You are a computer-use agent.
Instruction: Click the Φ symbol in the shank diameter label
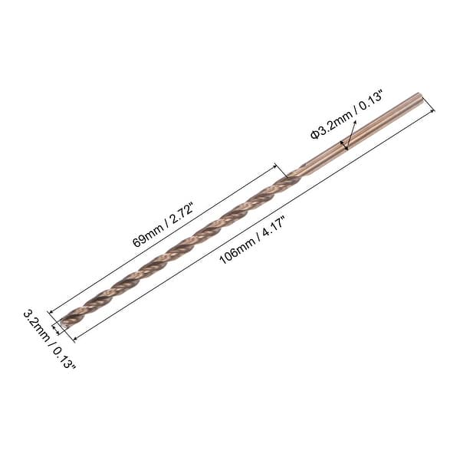314,134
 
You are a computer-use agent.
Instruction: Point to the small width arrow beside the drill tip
55,329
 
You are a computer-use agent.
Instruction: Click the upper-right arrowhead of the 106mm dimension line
432,110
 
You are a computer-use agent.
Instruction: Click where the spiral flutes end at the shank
294,173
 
